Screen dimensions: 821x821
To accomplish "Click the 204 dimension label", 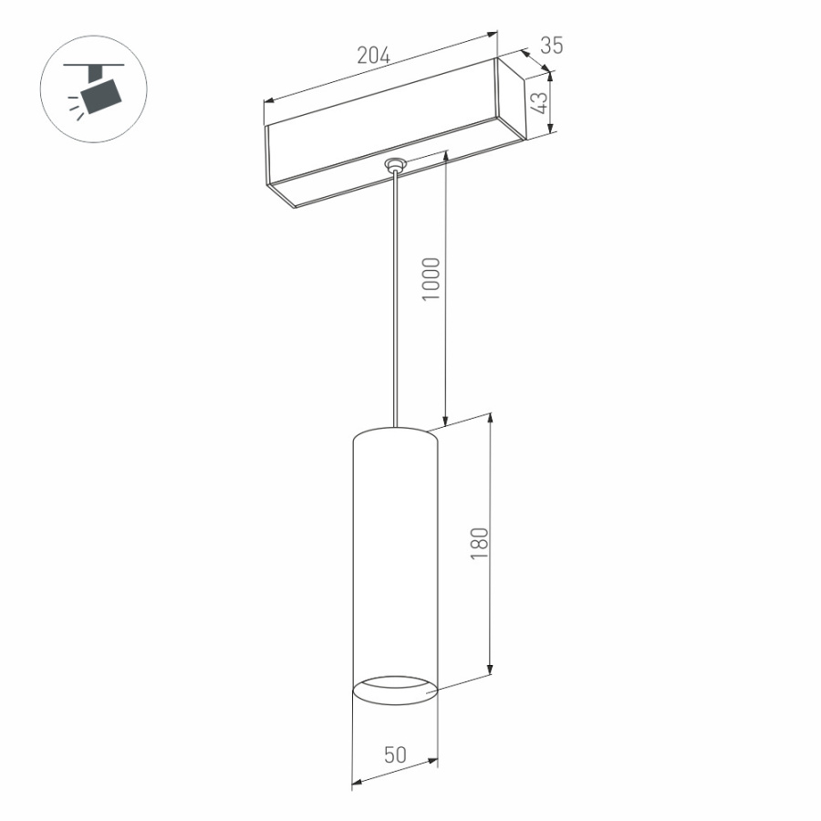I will (x=373, y=56).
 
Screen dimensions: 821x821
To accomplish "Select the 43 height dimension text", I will (x=541, y=101).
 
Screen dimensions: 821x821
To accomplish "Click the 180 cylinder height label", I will (x=481, y=544).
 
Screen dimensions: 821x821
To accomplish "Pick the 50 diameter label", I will (x=395, y=754).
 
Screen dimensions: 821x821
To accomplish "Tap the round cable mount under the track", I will (x=395, y=165).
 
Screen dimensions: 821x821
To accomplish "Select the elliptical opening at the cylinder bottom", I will (x=395, y=691).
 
